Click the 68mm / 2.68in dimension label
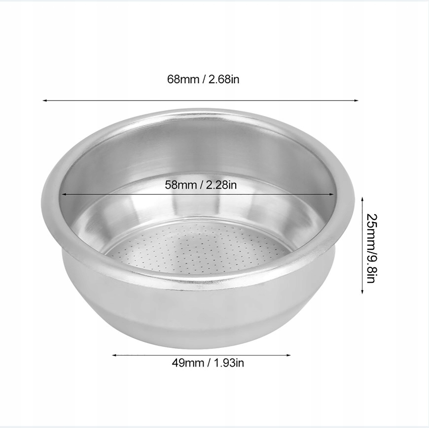(x=203, y=79)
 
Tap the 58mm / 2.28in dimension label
(x=201, y=185)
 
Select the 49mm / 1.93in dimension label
(x=208, y=363)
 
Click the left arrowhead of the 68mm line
(x=44, y=100)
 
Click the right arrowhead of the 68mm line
(x=357, y=100)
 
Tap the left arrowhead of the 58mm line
(x=64, y=195)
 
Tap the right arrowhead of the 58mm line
(x=332, y=195)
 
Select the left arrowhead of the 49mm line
(x=114, y=355)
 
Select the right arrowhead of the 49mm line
(x=288, y=355)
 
